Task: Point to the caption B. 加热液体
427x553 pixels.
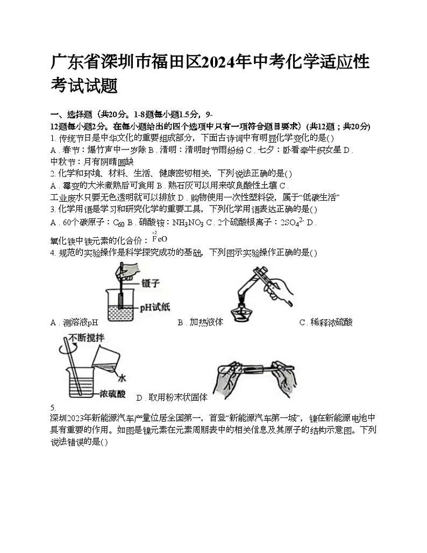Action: tap(200, 323)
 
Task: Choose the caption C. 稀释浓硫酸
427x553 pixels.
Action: tap(326, 323)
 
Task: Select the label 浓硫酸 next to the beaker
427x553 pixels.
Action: tap(112, 394)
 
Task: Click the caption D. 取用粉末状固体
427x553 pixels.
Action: tap(172, 398)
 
